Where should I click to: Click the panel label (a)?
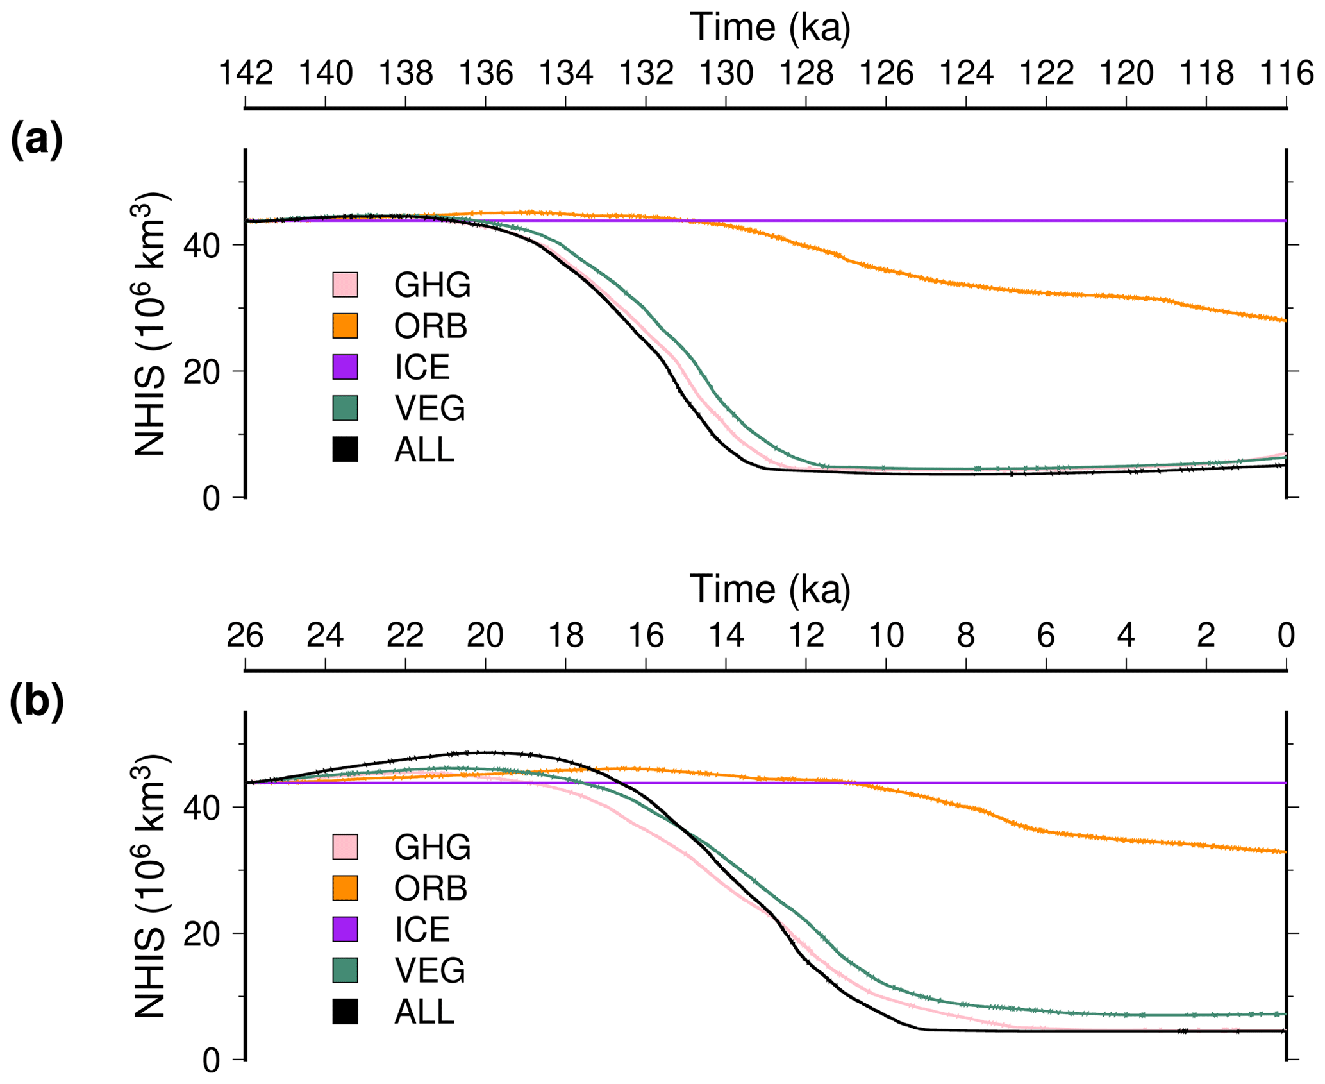(37, 140)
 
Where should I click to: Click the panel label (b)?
(37, 701)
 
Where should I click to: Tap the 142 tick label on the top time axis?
(247, 73)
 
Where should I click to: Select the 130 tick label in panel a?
(726, 73)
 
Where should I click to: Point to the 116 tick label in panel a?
(1287, 73)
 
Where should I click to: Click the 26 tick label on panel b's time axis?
(246, 635)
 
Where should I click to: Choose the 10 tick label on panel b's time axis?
(886, 635)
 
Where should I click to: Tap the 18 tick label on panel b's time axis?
(566, 635)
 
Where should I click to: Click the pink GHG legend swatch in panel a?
(345, 285)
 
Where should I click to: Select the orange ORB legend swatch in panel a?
(345, 326)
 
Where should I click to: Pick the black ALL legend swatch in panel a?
(345, 449)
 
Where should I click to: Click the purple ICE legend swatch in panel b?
(345, 929)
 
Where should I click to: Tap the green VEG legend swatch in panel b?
(345, 970)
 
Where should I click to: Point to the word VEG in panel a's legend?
(430, 408)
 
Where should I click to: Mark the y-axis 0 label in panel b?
(212, 1062)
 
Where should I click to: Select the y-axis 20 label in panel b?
(202, 934)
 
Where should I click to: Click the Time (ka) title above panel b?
(770, 589)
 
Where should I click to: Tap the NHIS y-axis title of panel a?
(151, 324)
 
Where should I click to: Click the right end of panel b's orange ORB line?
(1284, 852)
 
